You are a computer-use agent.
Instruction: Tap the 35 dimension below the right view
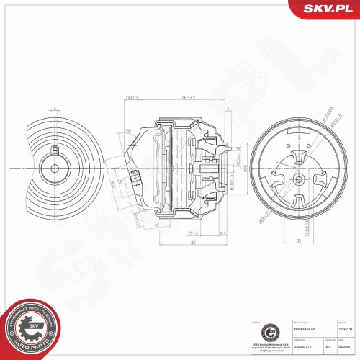click(299, 241)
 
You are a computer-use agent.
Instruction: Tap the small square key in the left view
click(55, 152)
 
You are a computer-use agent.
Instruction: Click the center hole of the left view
click(55, 169)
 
